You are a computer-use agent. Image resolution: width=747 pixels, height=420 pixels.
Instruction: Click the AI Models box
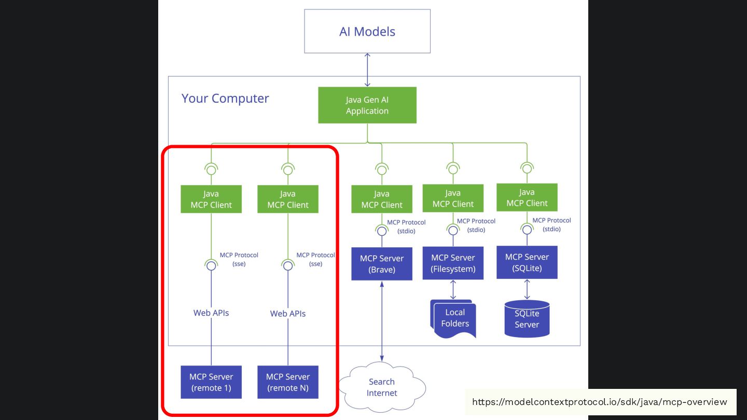tap(367, 31)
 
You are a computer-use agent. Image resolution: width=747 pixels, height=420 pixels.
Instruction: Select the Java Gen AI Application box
tap(367, 105)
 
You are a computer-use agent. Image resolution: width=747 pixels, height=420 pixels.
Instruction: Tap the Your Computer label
tap(225, 99)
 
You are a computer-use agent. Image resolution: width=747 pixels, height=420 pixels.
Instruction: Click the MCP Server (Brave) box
tap(382, 263)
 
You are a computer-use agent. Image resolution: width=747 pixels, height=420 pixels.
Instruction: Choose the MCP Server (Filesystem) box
tap(453, 263)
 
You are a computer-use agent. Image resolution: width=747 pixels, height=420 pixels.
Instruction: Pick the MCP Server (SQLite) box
tap(527, 262)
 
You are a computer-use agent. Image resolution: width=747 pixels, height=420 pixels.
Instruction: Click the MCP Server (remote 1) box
tap(211, 382)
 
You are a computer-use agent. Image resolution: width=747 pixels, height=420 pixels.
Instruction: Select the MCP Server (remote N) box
tap(288, 382)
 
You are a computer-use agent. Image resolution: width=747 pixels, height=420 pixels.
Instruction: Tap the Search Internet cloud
tap(382, 387)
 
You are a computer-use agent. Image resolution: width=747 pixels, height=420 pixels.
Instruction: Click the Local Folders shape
tap(453, 319)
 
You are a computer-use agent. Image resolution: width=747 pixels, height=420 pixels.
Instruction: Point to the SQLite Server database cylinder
tap(527, 319)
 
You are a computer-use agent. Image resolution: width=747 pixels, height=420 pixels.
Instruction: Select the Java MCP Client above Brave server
tap(382, 199)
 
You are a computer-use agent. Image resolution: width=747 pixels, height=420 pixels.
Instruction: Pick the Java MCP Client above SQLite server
tap(527, 198)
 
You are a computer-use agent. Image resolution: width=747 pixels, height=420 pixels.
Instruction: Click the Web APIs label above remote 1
tap(211, 313)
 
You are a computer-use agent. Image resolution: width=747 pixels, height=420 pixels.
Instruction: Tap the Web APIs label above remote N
tap(288, 314)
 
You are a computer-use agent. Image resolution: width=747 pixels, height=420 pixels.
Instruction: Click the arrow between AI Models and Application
tap(367, 70)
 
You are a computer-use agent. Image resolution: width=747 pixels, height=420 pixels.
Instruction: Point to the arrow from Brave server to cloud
tap(382, 321)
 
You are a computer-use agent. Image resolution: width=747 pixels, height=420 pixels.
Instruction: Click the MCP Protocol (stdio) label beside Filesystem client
tap(476, 226)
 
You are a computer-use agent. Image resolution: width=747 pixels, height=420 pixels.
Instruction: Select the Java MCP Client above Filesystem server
tap(453, 198)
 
